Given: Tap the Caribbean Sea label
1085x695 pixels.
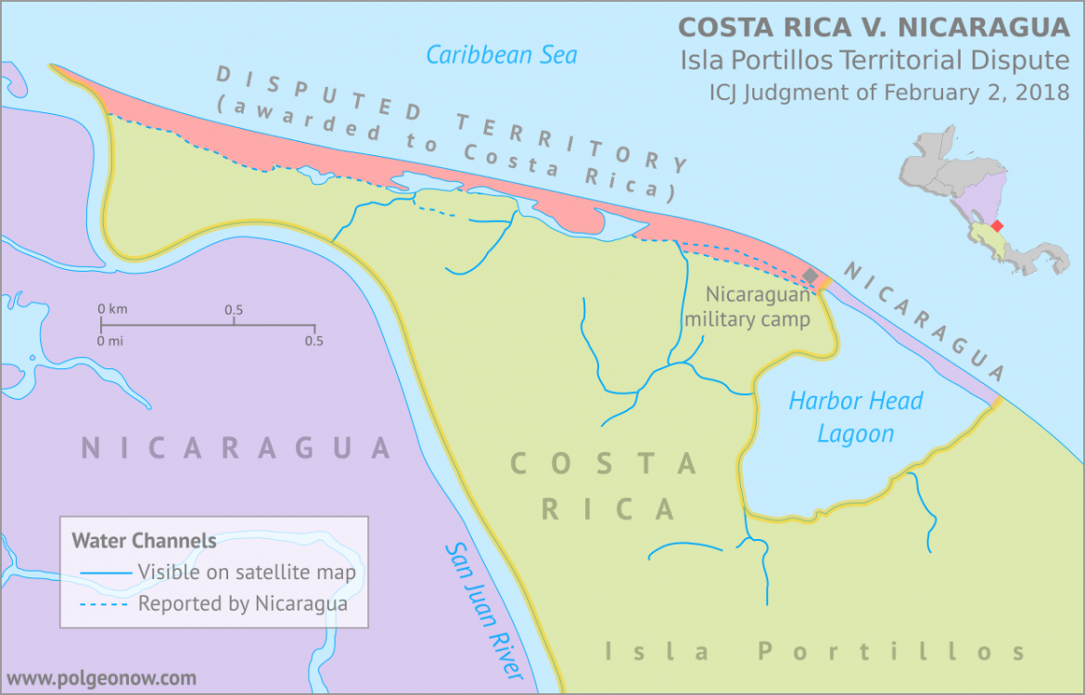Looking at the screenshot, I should pos(501,55).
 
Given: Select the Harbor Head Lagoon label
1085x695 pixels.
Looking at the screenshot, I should pos(855,417).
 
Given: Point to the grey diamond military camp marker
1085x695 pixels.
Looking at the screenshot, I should pos(811,277).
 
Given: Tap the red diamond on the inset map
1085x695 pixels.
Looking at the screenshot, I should pos(997,225).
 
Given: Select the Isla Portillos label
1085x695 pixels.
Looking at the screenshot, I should pos(815,651).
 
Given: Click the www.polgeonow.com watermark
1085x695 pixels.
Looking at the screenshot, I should pos(102,678).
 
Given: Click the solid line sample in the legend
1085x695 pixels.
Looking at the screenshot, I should pos(104,573).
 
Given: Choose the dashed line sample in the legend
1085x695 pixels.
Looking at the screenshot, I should pos(104,604).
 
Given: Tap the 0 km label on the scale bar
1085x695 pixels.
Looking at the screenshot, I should pos(112,309).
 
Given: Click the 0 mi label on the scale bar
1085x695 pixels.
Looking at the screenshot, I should pos(111,341).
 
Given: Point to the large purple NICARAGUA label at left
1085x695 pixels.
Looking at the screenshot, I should pos(236,448).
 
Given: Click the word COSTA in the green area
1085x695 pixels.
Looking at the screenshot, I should pos(604,463).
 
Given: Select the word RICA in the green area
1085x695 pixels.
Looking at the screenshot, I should pos(608,508).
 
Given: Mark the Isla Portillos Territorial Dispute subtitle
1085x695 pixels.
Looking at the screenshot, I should pos(874,60).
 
